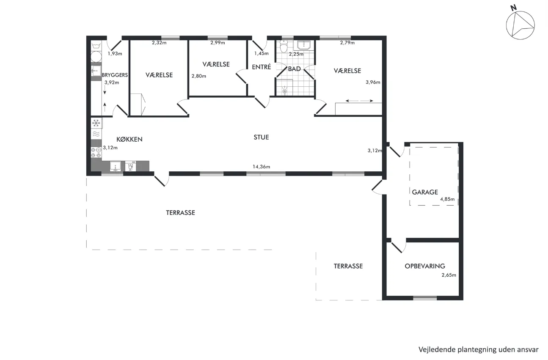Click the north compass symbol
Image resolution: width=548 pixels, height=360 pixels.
(x=520, y=25)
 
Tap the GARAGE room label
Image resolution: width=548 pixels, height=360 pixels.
(x=425, y=192)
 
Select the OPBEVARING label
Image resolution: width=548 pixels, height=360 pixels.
(x=424, y=266)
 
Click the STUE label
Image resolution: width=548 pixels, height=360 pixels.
(x=261, y=137)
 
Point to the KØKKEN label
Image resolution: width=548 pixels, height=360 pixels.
(x=129, y=139)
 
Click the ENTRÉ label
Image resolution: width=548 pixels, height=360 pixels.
(x=261, y=67)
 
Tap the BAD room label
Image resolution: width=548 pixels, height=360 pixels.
(x=294, y=69)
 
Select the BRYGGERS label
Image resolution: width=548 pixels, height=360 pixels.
(x=115, y=75)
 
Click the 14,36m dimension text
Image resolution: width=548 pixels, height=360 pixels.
(x=261, y=167)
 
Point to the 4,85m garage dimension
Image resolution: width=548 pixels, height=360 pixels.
(x=448, y=199)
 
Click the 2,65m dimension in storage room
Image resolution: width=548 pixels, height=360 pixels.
(x=449, y=275)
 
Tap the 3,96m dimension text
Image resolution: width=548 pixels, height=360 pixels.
(x=373, y=82)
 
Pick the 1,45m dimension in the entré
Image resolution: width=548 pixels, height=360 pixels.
(x=261, y=53)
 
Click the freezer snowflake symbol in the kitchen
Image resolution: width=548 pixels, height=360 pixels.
(x=96, y=123)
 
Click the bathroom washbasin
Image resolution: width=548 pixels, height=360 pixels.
(x=303, y=45)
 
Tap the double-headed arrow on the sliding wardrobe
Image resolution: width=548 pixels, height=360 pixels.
(x=359, y=101)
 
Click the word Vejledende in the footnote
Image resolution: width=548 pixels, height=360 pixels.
(x=437, y=349)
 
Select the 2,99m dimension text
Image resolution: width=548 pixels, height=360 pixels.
(x=218, y=43)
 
